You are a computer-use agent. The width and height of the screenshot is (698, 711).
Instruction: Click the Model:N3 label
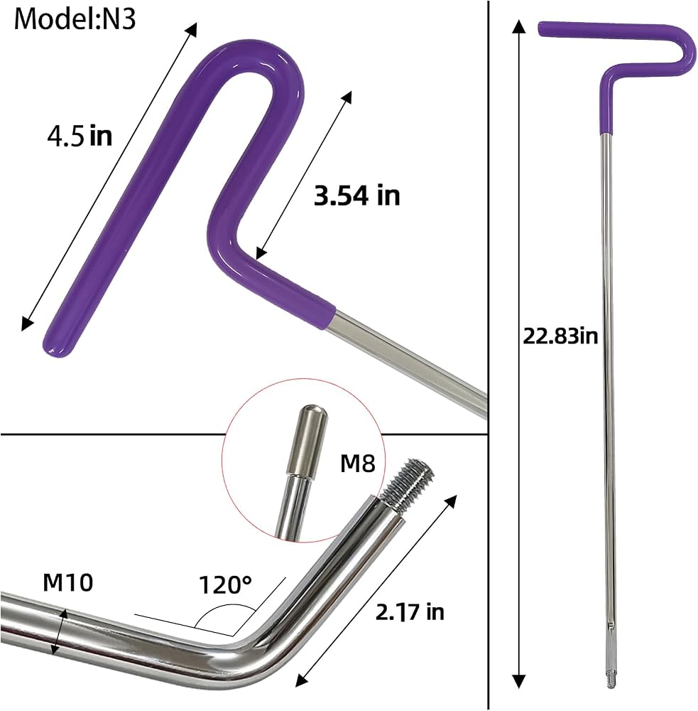(75, 19)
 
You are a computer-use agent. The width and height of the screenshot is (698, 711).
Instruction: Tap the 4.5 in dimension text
(80, 136)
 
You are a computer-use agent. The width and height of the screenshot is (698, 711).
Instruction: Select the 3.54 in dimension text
(357, 196)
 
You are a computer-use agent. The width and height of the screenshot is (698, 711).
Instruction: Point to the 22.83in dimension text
(560, 336)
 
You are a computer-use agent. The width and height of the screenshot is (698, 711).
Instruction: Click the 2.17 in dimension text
(410, 611)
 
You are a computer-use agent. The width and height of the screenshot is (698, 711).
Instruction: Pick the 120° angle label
(225, 584)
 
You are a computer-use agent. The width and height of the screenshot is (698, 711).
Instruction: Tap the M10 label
(68, 582)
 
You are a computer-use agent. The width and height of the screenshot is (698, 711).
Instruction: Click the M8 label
(358, 464)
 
